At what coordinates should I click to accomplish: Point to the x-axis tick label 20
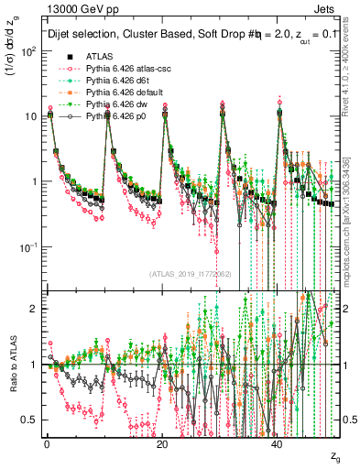(162, 442)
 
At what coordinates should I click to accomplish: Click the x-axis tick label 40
(278, 442)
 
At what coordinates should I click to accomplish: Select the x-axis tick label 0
(47, 442)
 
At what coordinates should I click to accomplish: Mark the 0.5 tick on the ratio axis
(32, 420)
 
